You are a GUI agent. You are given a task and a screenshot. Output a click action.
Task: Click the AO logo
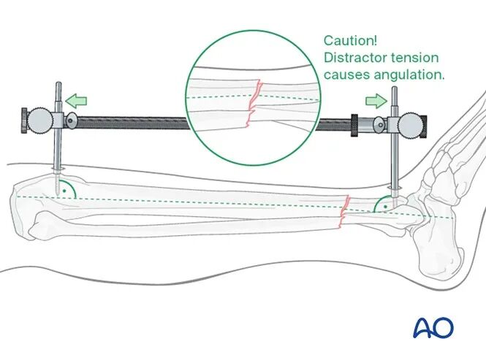pyautogui.click(x=433, y=328)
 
